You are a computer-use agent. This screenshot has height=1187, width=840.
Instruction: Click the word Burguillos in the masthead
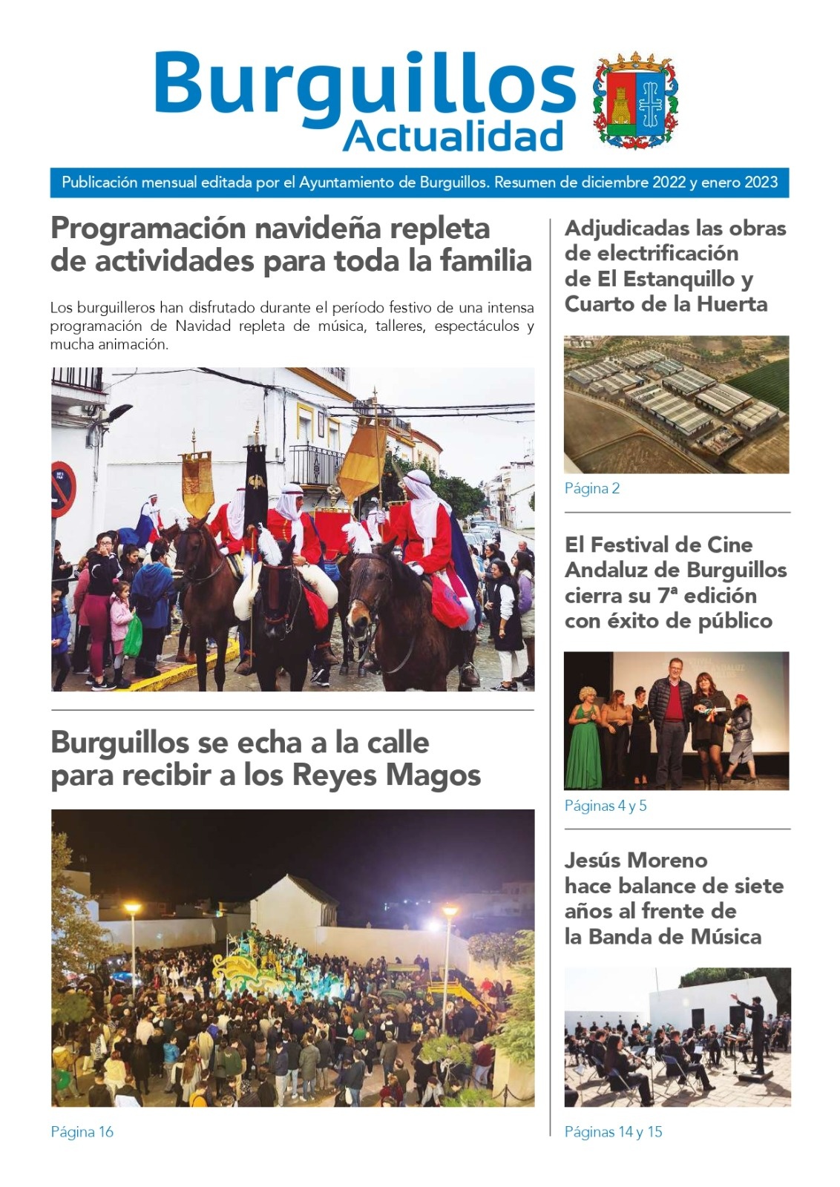click(x=364, y=83)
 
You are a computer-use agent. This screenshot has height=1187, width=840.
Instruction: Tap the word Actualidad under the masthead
click(x=453, y=137)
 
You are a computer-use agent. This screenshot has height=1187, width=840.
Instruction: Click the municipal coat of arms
click(x=636, y=101)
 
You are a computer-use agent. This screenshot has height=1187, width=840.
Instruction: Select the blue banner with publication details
click(x=419, y=183)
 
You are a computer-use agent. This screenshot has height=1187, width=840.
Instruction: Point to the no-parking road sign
click(x=62, y=490)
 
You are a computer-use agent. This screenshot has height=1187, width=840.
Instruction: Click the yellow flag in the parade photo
click(x=363, y=460)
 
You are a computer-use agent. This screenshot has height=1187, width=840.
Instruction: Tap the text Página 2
click(x=591, y=488)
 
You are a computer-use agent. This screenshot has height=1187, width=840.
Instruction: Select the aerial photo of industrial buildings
click(x=676, y=404)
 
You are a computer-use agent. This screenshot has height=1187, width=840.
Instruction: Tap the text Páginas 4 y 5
click(x=605, y=806)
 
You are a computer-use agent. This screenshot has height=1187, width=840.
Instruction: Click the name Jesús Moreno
click(x=636, y=861)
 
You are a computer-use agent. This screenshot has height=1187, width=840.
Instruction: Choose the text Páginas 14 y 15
click(x=613, y=1132)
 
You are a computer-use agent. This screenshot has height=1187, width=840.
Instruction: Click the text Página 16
click(x=82, y=1132)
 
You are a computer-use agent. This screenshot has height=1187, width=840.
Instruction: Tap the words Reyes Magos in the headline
click(x=387, y=776)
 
